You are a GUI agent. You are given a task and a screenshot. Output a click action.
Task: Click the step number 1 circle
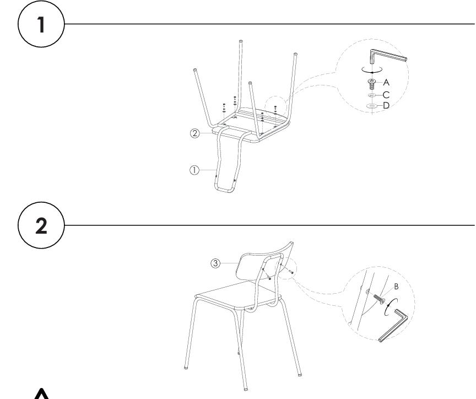click(x=41, y=24)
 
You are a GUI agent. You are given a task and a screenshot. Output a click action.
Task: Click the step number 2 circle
click(x=41, y=225)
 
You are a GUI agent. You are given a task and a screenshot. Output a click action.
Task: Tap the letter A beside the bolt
click(x=386, y=82)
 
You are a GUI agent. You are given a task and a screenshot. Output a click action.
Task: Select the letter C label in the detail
click(x=386, y=95)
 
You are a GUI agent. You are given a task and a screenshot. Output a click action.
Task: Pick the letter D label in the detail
click(x=386, y=105)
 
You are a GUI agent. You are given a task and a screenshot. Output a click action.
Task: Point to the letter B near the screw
click(x=396, y=287)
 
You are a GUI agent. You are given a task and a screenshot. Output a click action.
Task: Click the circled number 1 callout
click(x=194, y=170)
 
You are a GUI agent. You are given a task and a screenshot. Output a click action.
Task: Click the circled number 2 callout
click(x=195, y=133)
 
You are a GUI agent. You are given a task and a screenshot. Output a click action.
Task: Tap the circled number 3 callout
click(x=215, y=263)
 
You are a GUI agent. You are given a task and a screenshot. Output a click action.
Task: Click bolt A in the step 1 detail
click(x=372, y=84)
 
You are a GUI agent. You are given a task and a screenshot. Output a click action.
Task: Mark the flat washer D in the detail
click(x=372, y=106)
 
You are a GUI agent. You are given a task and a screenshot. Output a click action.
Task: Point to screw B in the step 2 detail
click(x=378, y=298)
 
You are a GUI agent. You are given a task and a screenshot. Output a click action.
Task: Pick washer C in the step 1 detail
click(x=372, y=95)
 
